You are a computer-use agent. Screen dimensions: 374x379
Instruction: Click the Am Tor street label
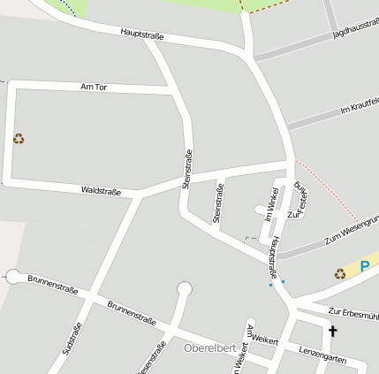tap(93, 87)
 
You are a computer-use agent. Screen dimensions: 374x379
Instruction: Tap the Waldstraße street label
tap(101, 190)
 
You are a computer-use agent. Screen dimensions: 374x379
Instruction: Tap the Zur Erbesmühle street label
tap(352, 312)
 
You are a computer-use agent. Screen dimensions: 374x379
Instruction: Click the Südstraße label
tap(72, 339)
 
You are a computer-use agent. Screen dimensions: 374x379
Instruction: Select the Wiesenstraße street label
tap(152, 357)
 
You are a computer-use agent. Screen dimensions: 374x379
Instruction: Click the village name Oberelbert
tap(209, 347)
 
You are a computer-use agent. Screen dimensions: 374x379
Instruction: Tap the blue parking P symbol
tap(364, 265)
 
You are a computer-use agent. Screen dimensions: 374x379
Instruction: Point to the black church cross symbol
tap(333, 332)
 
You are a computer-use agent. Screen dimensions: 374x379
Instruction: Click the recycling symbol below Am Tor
tap(19, 138)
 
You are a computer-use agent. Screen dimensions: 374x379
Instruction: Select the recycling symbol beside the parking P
tap(340, 273)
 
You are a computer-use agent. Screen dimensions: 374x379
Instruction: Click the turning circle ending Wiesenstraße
tap(185, 288)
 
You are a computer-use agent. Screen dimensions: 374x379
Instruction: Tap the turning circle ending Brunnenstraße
tap(13, 277)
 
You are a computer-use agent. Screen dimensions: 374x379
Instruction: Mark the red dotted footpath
tap(328, 190)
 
